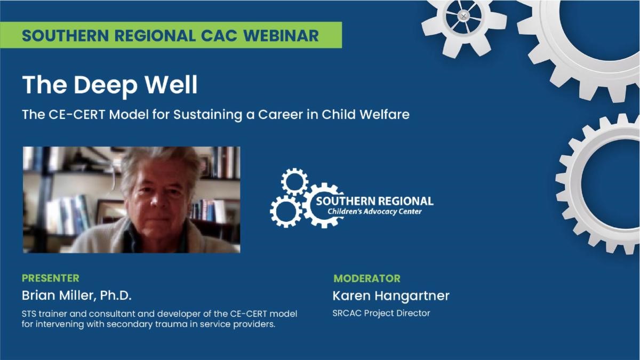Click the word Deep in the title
pyautogui.click(x=106, y=85)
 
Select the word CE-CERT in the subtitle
pyautogui.click(x=77, y=115)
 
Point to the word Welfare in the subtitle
pyautogui.click(x=385, y=114)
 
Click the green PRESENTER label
pyautogui.click(x=51, y=278)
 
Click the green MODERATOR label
pyautogui.click(x=367, y=278)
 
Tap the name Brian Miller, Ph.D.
pyautogui.click(x=77, y=295)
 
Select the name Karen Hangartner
pyautogui.click(x=391, y=295)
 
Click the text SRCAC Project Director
pyautogui.click(x=381, y=313)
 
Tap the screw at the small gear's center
pyautogui.click(x=463, y=15)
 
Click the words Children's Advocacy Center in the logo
pyautogui.click(x=374, y=212)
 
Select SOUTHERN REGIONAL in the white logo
pyautogui.click(x=374, y=201)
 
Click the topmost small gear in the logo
pyautogui.click(x=294, y=182)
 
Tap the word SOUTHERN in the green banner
pyautogui.click(x=65, y=35)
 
